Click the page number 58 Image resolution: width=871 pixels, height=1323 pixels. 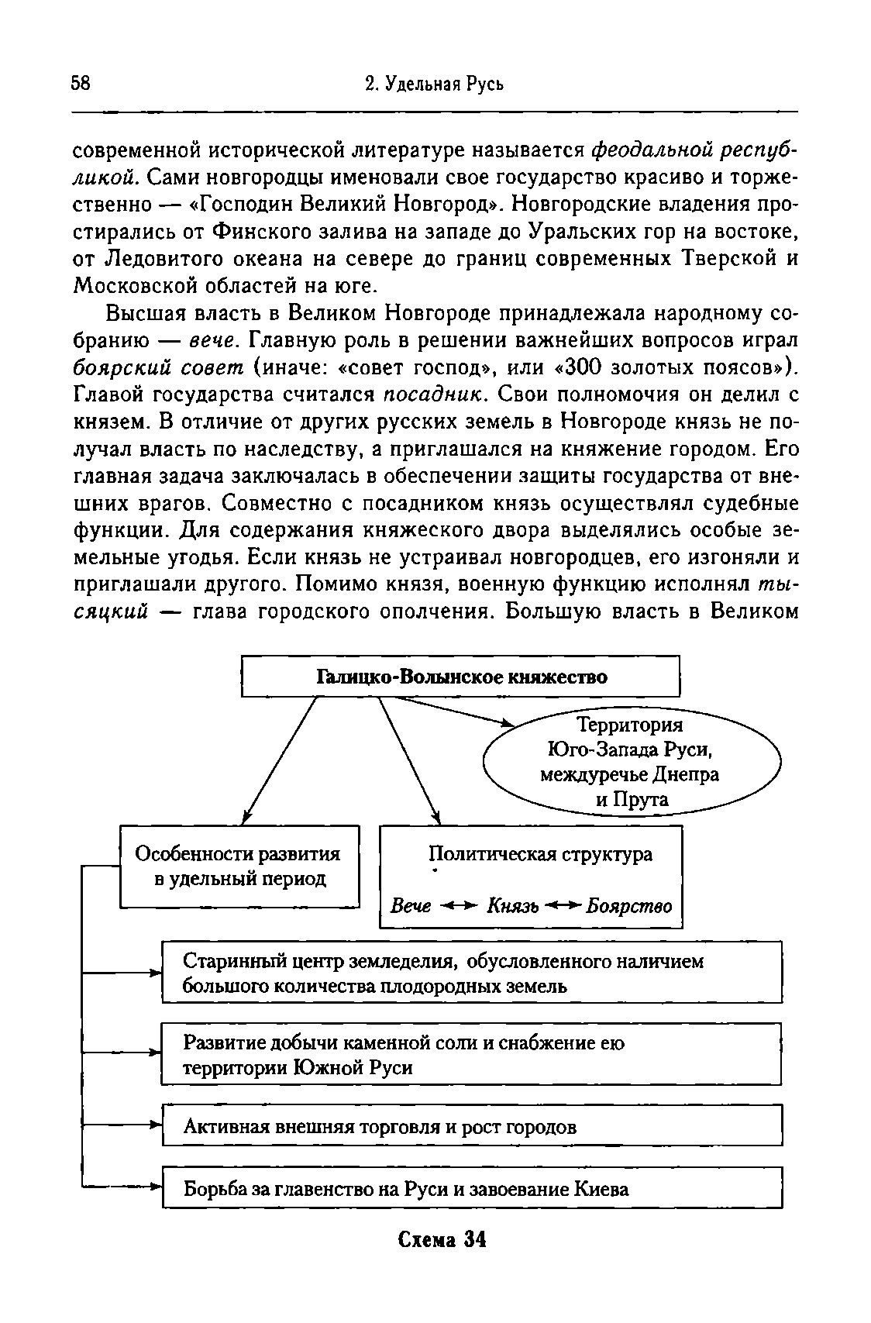pyautogui.click(x=81, y=84)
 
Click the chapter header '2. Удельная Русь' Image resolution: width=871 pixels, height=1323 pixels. pyautogui.click(x=434, y=84)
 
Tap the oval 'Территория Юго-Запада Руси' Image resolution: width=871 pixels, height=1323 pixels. pyautogui.click(x=632, y=762)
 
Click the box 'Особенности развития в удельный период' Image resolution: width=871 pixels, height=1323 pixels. pyautogui.click(x=239, y=866)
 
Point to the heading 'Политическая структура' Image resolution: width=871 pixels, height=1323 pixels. pyautogui.click(x=540, y=854)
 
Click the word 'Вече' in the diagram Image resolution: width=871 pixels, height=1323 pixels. pyautogui.click(x=411, y=906)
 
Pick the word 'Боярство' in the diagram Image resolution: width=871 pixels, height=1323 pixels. pyautogui.click(x=629, y=906)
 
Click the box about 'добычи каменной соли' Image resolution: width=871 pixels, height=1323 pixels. pyautogui.click(x=471, y=1055)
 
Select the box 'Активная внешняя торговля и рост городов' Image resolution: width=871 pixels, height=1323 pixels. pyautogui.click(x=471, y=1126)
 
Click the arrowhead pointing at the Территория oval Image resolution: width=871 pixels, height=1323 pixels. pyautogui.click(x=508, y=724)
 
